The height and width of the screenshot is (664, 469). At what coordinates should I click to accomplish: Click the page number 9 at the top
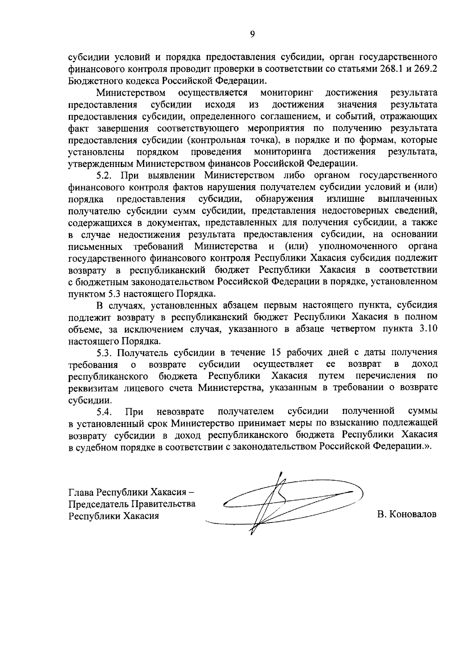coord(252,34)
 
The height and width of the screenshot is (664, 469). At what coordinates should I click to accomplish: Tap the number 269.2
coord(426,70)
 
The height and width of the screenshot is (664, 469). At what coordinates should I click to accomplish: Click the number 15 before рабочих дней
coord(276,352)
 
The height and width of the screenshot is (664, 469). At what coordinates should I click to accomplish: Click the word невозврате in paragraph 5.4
coord(181,411)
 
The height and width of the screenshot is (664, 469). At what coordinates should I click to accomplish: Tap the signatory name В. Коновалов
coord(407,514)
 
